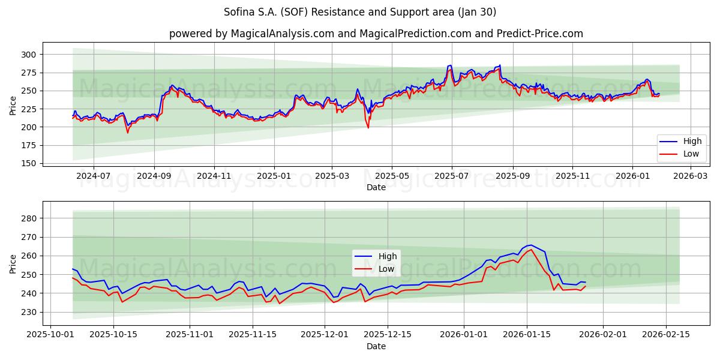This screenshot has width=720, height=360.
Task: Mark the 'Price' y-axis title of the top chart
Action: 13,106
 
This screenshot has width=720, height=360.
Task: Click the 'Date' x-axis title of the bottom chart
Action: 376,346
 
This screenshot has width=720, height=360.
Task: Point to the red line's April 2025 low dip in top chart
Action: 368,127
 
